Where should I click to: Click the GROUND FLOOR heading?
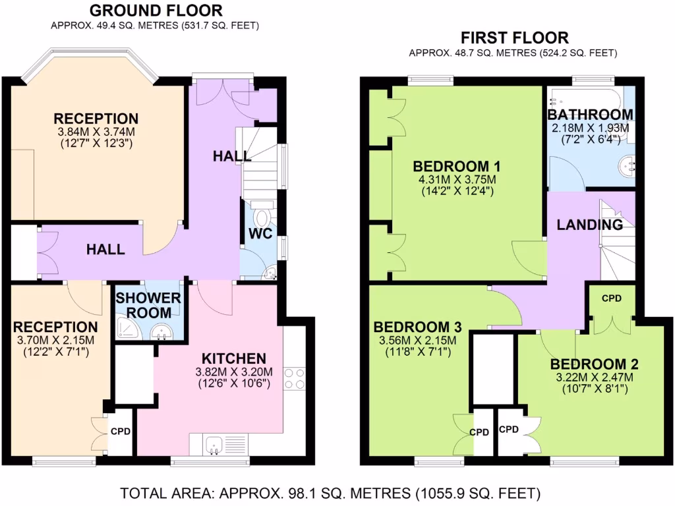[156, 11]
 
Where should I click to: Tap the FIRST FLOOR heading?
[514, 38]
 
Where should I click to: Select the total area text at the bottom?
[330, 493]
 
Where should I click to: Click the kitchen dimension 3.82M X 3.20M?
[233, 371]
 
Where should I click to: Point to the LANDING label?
[590, 225]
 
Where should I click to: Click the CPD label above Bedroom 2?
[612, 298]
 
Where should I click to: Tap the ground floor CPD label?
[121, 433]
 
